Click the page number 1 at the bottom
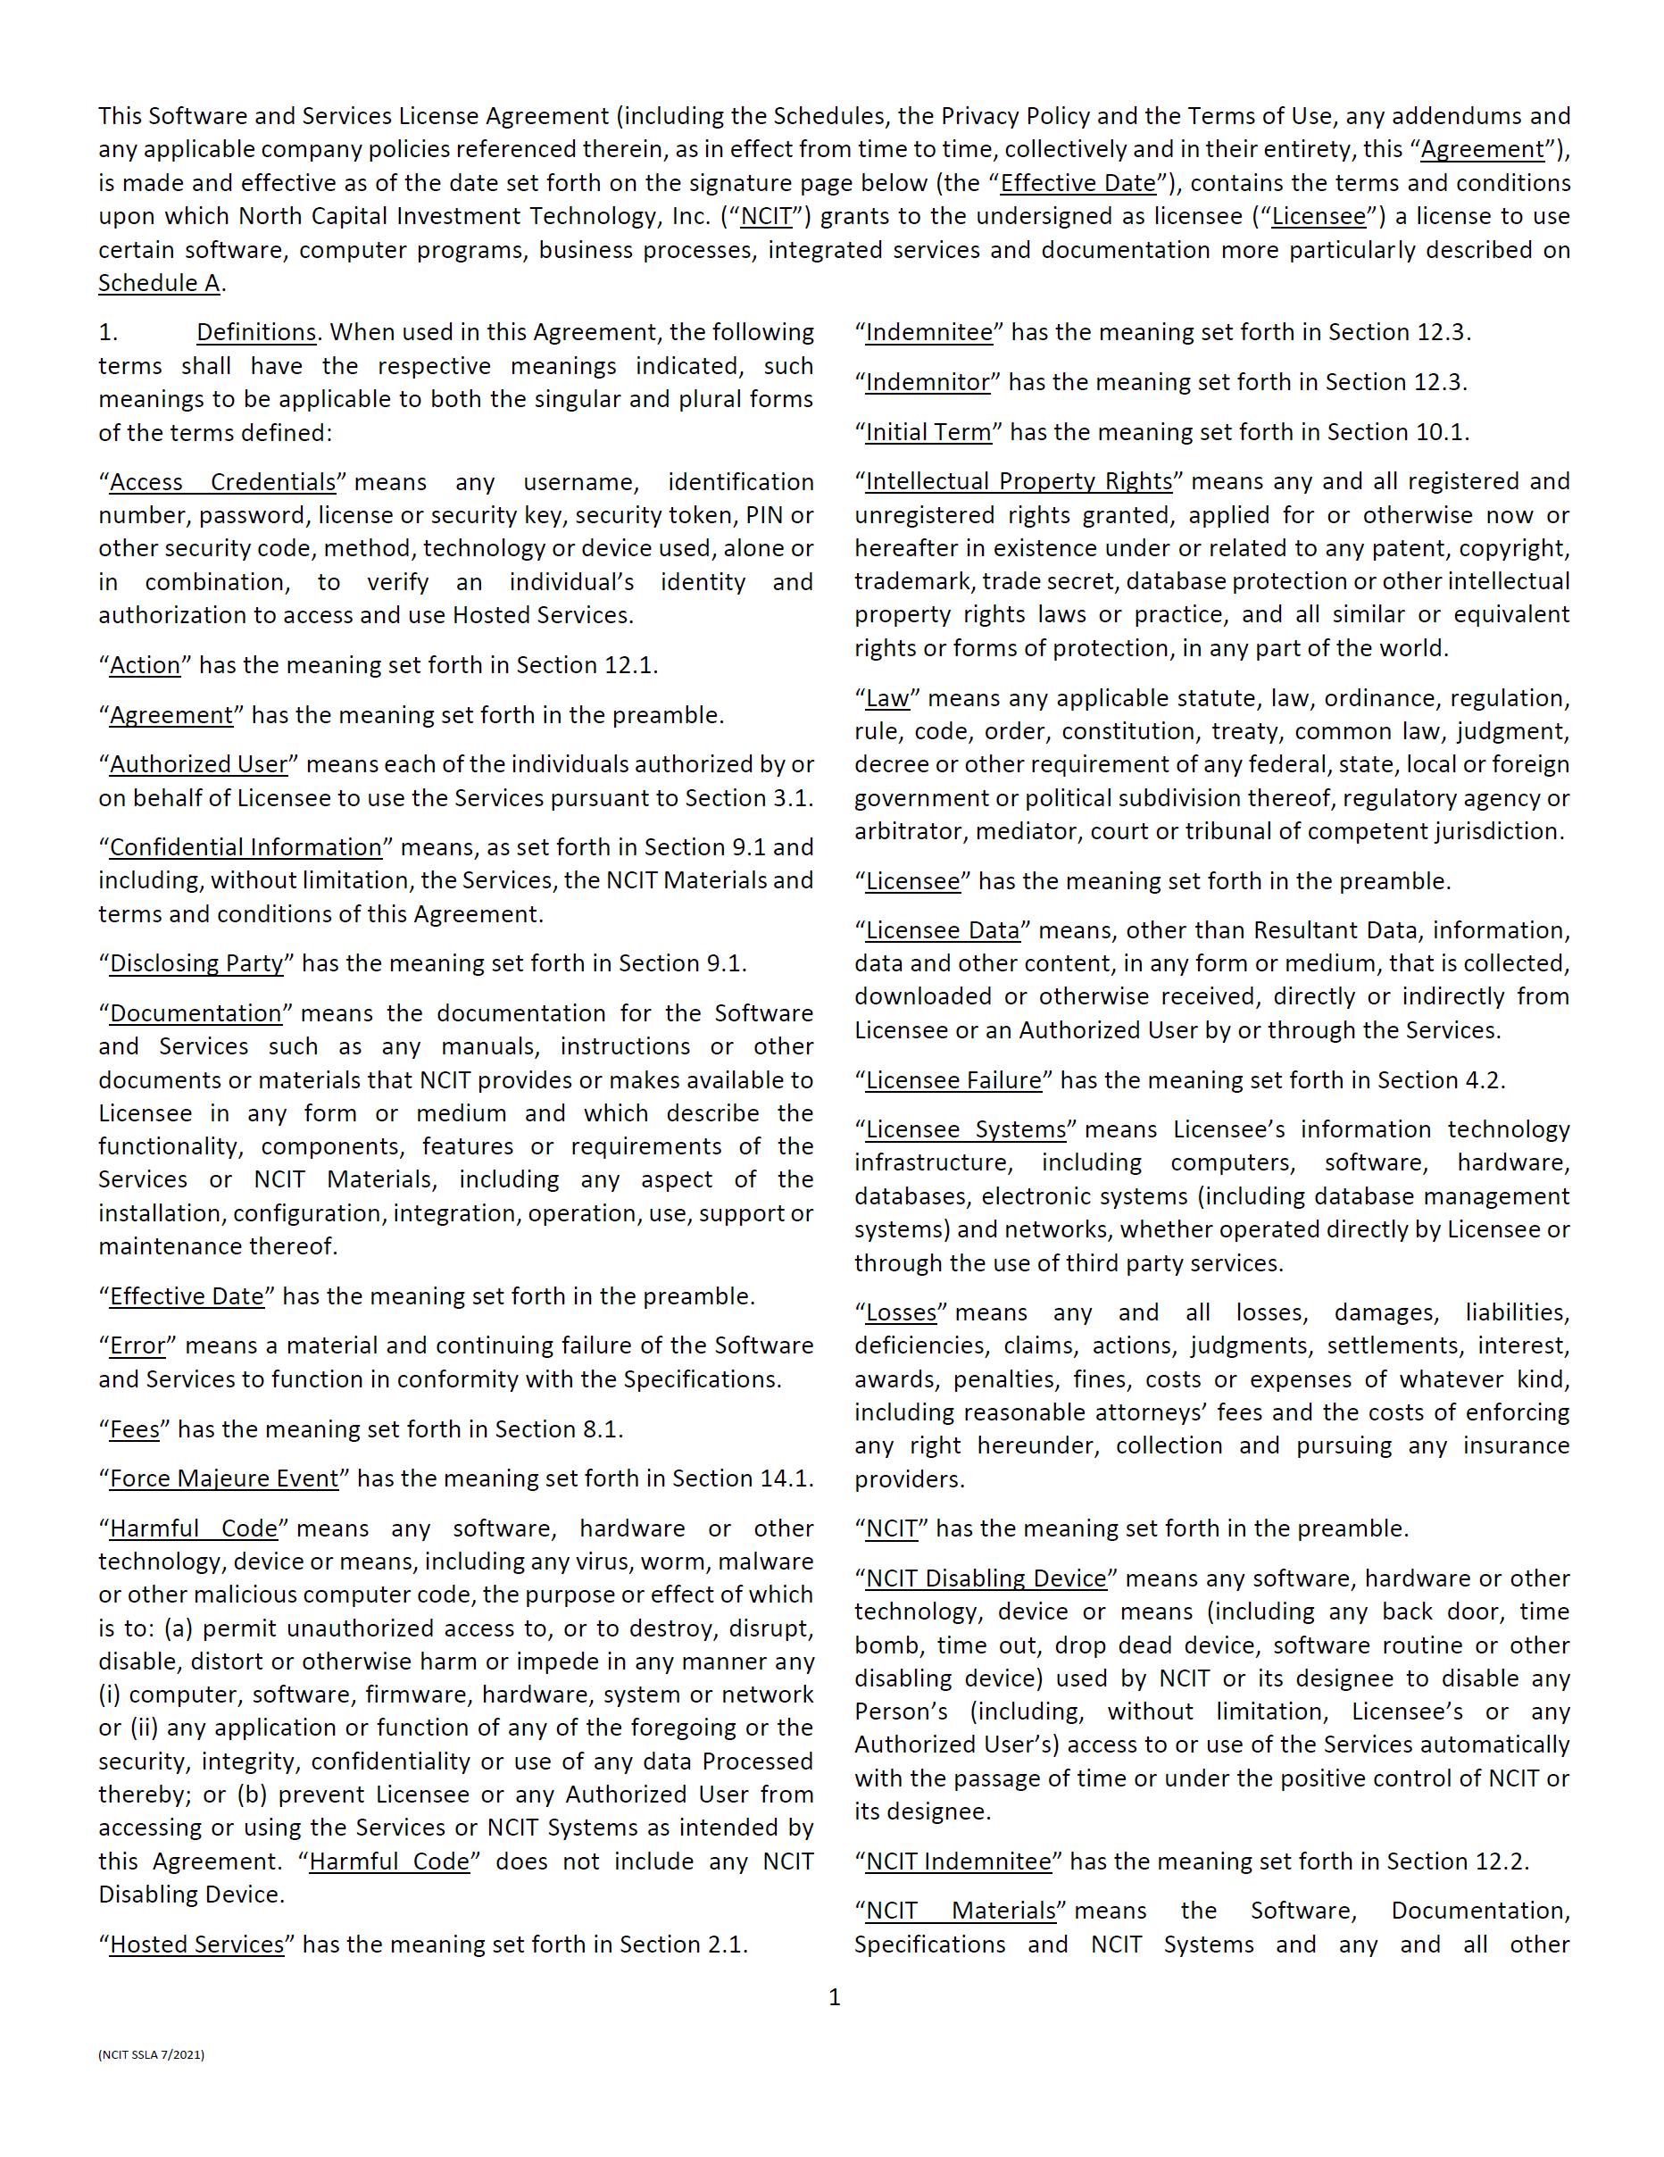(x=835, y=1997)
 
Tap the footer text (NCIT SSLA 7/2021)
(x=151, y=2054)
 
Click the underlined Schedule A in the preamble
(x=159, y=283)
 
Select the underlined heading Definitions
(x=256, y=332)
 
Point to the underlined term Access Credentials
(x=222, y=482)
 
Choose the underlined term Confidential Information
(x=245, y=847)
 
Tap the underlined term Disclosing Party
(x=196, y=963)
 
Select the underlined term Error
(x=137, y=1345)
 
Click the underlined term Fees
(x=134, y=1429)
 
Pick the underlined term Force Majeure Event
(x=223, y=1478)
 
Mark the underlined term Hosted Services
(x=196, y=1944)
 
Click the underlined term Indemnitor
(x=928, y=382)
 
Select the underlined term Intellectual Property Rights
(x=1019, y=481)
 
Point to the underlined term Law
(x=886, y=698)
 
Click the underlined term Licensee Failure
(x=953, y=1079)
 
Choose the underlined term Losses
(x=901, y=1312)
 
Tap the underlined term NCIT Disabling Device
(x=986, y=1578)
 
